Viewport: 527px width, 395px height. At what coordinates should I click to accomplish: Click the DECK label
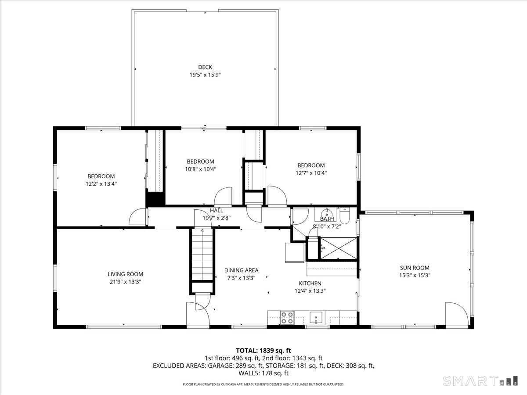click(205, 67)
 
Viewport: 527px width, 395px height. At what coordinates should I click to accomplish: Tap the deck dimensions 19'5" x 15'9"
click(205, 75)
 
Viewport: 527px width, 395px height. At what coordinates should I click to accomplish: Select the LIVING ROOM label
click(126, 274)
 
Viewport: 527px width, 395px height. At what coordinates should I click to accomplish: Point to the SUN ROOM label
click(415, 268)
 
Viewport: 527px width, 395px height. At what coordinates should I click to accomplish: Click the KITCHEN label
click(310, 283)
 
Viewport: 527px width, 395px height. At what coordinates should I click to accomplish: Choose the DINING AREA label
click(241, 270)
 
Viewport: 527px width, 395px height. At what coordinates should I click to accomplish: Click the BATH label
click(327, 219)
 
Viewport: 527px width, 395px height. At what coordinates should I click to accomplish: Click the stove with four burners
click(287, 317)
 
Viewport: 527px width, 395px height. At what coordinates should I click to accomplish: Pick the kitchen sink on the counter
click(316, 316)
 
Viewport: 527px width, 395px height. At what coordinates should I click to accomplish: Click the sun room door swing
click(455, 313)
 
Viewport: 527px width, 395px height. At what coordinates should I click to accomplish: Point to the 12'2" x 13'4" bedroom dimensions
click(101, 184)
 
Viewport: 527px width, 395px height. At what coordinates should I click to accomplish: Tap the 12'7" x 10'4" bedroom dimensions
click(311, 173)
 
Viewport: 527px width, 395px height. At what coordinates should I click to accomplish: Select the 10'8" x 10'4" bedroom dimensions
click(200, 169)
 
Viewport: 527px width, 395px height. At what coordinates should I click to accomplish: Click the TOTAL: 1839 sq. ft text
click(263, 350)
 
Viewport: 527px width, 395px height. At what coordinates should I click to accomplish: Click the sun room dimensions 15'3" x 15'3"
click(415, 276)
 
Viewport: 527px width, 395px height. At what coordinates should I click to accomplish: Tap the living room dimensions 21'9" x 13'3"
click(126, 282)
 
